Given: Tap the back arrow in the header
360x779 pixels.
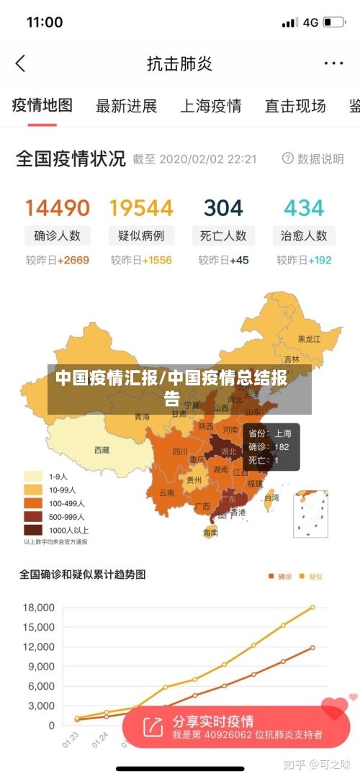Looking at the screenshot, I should tap(20, 63).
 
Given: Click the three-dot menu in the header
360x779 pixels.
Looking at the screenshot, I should tap(333, 63).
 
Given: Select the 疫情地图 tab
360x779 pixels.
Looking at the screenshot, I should tap(42, 106).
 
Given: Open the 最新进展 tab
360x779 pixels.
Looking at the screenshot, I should tap(127, 107).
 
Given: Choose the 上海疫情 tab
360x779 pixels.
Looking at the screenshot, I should tap(210, 107).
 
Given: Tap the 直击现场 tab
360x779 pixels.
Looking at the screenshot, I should tap(295, 107).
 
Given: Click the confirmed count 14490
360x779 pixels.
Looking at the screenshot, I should tap(58, 208).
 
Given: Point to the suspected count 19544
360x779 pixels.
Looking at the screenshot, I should tap(141, 208).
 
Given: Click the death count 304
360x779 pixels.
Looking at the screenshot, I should tap(223, 208).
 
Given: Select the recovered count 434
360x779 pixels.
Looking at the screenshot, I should tap(304, 208).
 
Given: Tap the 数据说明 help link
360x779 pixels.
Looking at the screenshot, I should tap(313, 158).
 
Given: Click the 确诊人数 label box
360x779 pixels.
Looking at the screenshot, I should tap(58, 235).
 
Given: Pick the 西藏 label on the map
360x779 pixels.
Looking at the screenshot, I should tap(102, 450).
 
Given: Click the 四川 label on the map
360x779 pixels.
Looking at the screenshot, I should tap(180, 452).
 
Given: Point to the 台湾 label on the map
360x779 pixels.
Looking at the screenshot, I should tap(271, 497).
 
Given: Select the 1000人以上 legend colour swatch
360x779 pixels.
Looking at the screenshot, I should tap(33, 530).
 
